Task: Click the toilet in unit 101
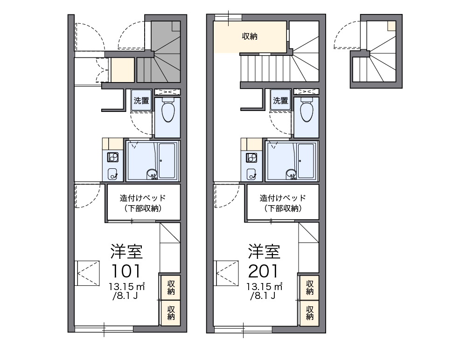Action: [x=168, y=110]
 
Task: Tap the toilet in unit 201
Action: [x=307, y=110]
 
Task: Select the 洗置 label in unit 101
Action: [x=141, y=101]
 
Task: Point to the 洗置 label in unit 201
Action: [x=280, y=101]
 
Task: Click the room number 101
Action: [x=126, y=271]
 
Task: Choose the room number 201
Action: [x=263, y=271]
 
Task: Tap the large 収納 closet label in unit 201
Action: [x=250, y=36]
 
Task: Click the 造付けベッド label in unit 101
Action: [x=143, y=198]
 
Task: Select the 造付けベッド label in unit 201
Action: [x=283, y=198]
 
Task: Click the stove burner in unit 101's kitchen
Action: [x=113, y=158]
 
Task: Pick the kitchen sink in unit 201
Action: [x=251, y=174]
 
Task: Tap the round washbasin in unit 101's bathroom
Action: [x=152, y=174]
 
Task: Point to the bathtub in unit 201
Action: [x=306, y=160]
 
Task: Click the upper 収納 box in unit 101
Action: [x=170, y=287]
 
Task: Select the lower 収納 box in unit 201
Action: [x=309, y=313]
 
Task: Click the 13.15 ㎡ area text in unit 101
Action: [x=127, y=286]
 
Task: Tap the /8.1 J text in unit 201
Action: [x=263, y=296]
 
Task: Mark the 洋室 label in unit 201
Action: [x=264, y=251]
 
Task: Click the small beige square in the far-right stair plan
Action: [x=392, y=26]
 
